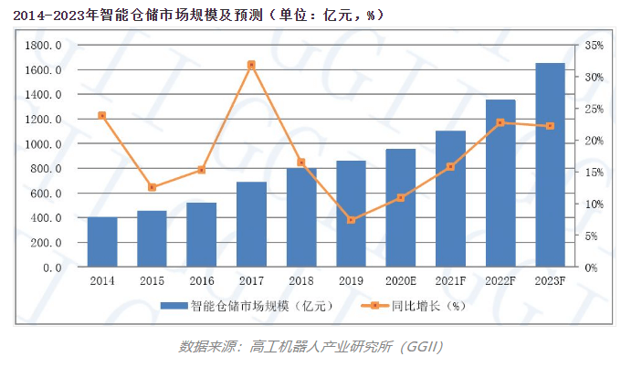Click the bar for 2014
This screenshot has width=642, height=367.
pos(102,242)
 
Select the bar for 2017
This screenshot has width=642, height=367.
pos(251,225)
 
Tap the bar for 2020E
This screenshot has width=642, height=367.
pos(400,208)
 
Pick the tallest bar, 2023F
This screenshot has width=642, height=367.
pos(549,165)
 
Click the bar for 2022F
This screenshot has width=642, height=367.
pos(500,183)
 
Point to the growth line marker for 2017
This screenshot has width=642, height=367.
pos(251,65)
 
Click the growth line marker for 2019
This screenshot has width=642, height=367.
pos(351,220)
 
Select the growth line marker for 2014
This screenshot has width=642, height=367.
pos(102,115)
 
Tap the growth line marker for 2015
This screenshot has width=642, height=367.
pos(152,187)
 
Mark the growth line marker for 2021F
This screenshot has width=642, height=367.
pos(450,167)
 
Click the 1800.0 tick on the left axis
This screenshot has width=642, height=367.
pos(44,46)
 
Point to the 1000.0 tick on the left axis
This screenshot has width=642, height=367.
pos(44,144)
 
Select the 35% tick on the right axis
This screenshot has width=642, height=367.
pos(594,46)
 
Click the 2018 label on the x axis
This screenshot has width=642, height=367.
pos(300,281)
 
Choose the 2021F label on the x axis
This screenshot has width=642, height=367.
pos(450,281)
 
